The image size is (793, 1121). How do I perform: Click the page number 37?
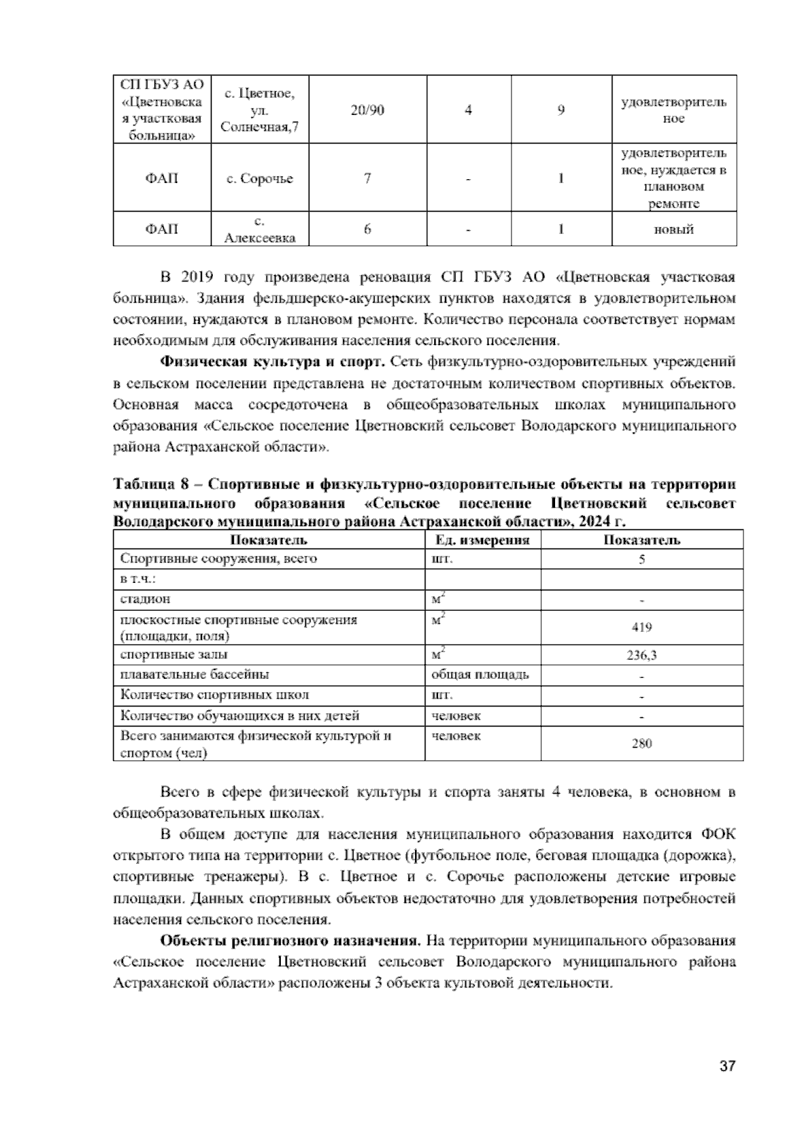tap(727, 1066)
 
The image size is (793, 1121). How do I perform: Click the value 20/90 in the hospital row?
tap(367, 110)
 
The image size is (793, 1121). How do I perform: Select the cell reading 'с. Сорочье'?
tap(259, 179)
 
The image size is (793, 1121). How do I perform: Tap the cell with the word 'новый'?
tap(674, 229)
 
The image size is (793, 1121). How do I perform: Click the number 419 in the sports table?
tap(642, 628)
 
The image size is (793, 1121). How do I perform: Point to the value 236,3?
tap(642, 656)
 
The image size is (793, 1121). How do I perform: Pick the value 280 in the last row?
tap(642, 744)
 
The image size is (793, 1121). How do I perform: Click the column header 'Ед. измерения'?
tap(482, 540)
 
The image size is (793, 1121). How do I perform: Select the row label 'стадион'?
tap(145, 599)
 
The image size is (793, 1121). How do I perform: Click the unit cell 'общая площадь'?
tap(480, 675)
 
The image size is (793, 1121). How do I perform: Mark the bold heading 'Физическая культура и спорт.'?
tap(273, 362)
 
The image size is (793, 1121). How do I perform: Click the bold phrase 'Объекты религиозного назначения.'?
tap(291, 940)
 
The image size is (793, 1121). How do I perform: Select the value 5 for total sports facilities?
tap(642, 560)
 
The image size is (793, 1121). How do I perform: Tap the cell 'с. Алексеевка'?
tap(259, 229)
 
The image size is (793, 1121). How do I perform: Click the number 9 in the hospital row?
tap(560, 110)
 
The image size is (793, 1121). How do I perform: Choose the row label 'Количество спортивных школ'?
tap(214, 695)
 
